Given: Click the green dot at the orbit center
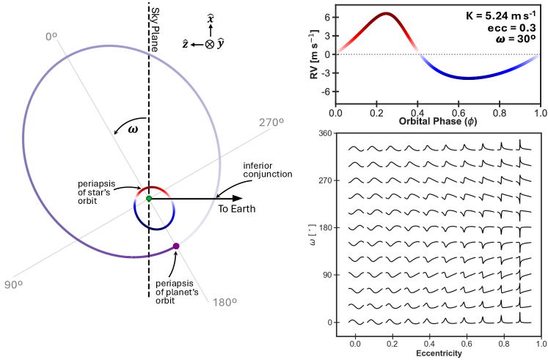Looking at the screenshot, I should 149,198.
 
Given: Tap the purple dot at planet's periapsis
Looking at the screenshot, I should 176,246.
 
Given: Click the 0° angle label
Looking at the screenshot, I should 51,35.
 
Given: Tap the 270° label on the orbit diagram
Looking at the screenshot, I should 271,123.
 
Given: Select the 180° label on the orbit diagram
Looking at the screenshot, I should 224,301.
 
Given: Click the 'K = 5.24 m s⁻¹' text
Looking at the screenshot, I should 502,15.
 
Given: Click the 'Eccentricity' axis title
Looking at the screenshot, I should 438,354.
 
